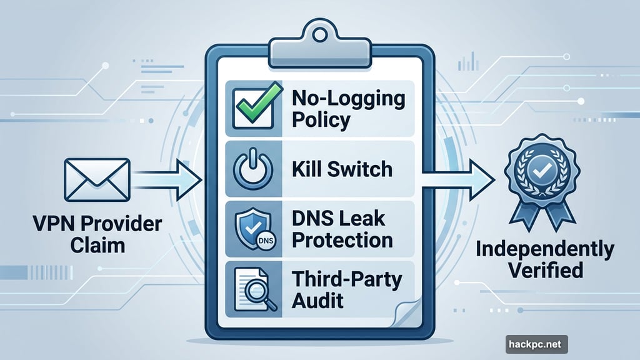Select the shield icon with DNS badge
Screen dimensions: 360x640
[x=252, y=228]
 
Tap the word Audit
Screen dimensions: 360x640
[x=317, y=300]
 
